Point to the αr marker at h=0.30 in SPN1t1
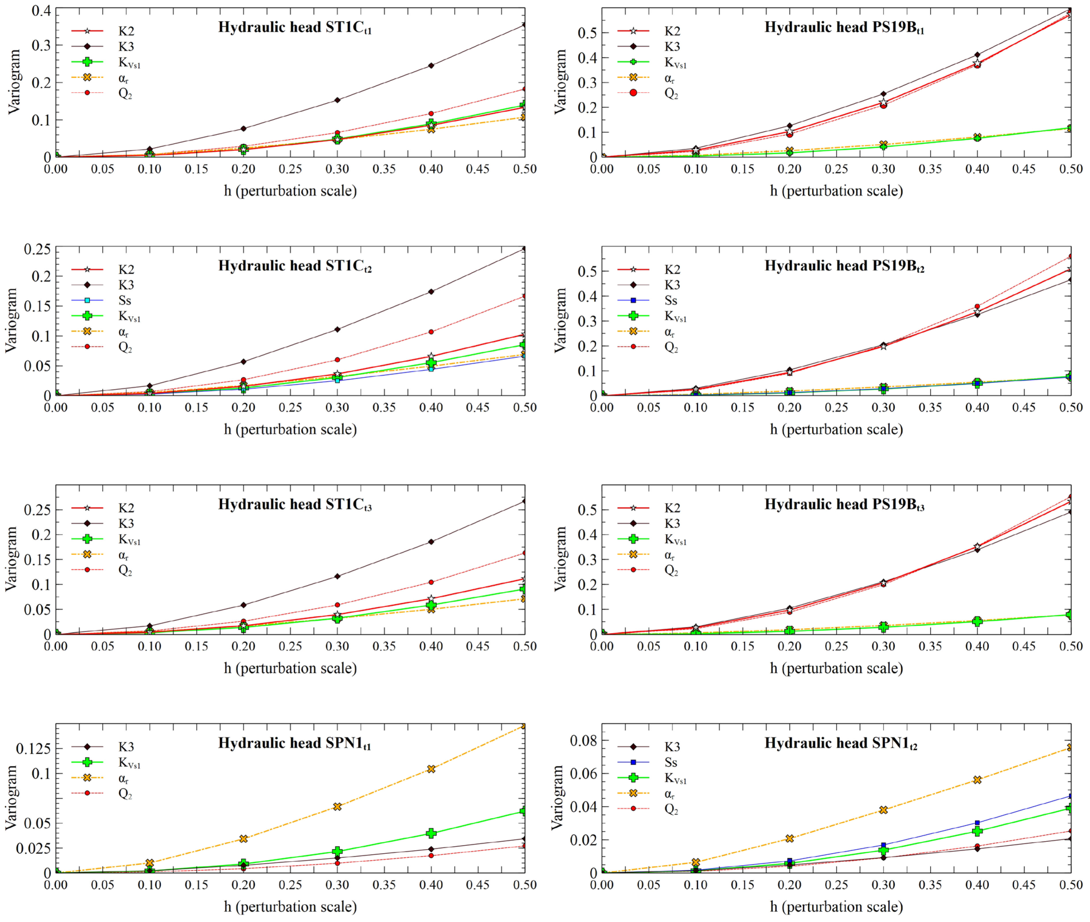pos(337,806)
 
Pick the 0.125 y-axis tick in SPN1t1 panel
pos(32,749)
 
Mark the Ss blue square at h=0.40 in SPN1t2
pos(976,823)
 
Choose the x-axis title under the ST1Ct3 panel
pos(290,668)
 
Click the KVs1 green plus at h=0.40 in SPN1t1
pos(431,833)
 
